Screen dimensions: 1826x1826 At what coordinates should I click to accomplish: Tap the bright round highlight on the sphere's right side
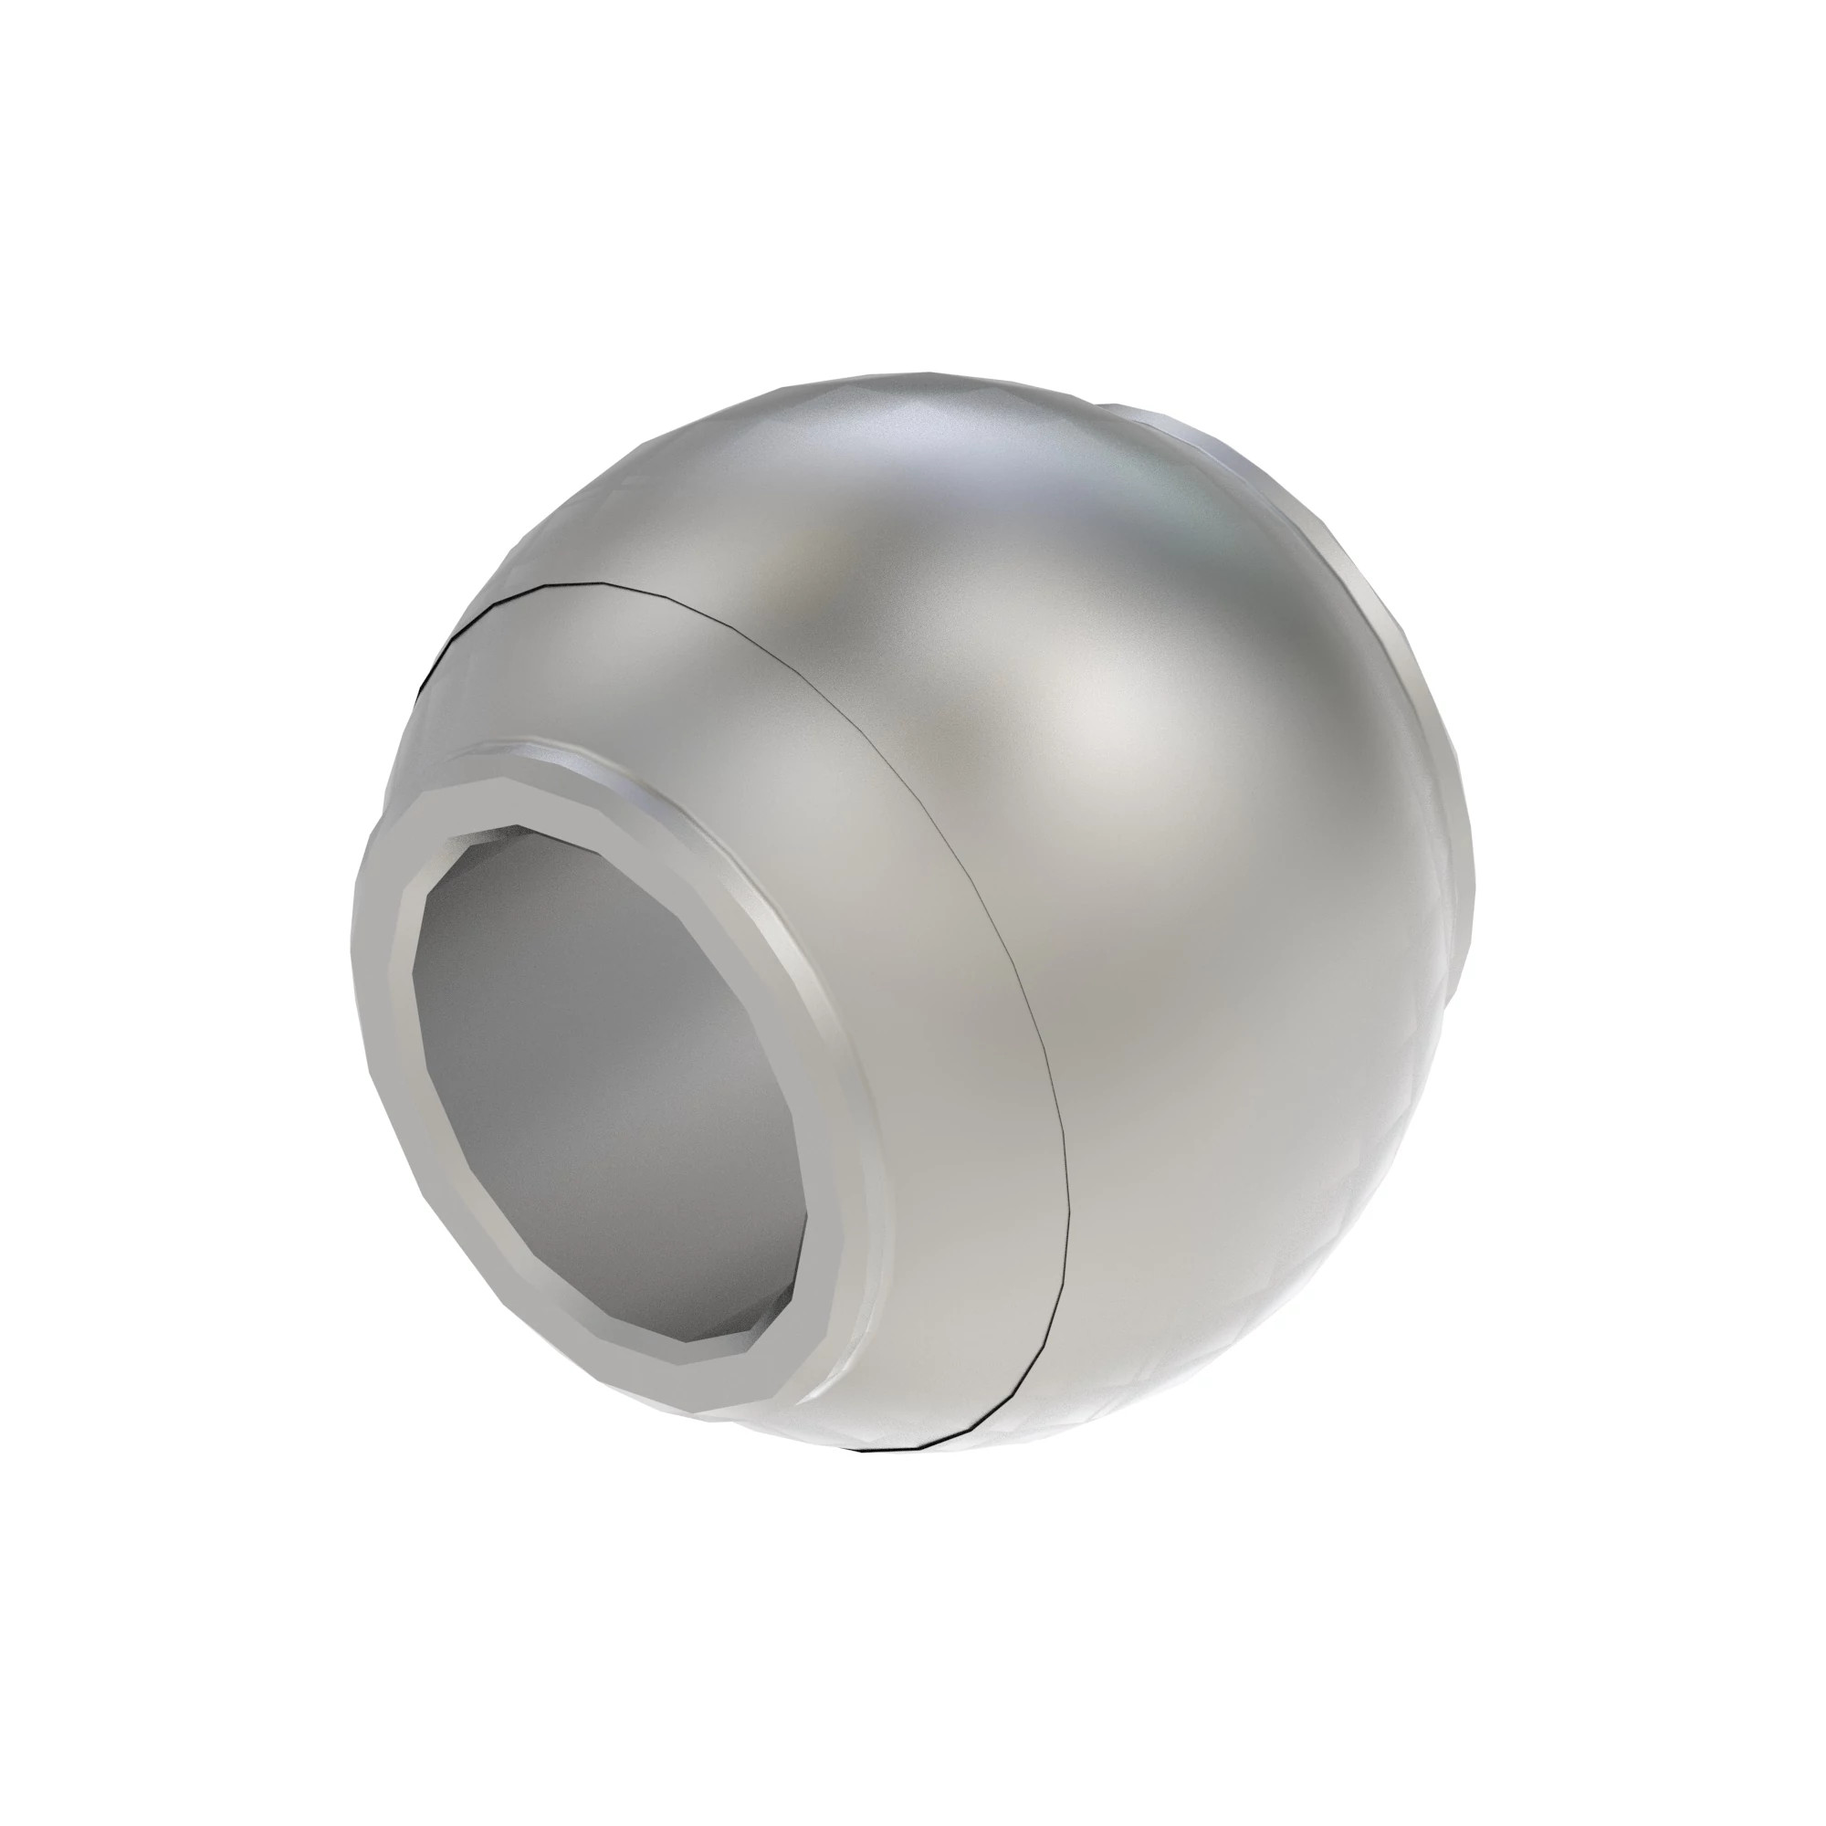[x=1116, y=719]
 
